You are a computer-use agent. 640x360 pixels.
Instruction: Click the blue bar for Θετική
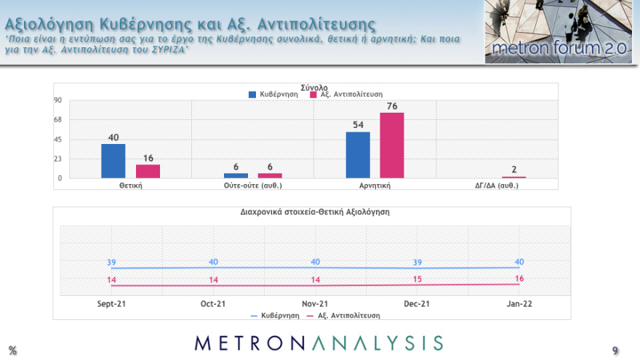pyautogui.click(x=113, y=161)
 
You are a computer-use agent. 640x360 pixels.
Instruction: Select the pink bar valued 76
pyautogui.click(x=391, y=145)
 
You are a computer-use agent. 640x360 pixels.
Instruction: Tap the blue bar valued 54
pyautogui.click(x=357, y=155)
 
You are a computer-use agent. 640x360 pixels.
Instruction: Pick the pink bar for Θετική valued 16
pyautogui.click(x=148, y=171)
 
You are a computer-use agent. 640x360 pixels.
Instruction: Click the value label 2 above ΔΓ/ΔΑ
pyautogui.click(x=514, y=170)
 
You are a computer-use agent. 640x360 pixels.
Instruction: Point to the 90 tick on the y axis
pyautogui.click(x=57, y=100)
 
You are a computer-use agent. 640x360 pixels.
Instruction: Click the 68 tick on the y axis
pyautogui.click(x=57, y=120)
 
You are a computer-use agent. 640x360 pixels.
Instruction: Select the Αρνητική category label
pyautogui.click(x=375, y=185)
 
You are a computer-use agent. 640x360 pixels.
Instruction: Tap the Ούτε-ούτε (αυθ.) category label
pyautogui.click(x=252, y=185)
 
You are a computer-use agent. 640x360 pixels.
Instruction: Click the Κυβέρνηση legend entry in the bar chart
pyautogui.click(x=274, y=95)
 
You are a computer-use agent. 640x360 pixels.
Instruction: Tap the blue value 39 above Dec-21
pyautogui.click(x=417, y=263)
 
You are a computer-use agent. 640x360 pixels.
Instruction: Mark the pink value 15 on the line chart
pyautogui.click(x=417, y=279)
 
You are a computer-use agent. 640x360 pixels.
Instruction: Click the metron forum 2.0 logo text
pyautogui.click(x=559, y=49)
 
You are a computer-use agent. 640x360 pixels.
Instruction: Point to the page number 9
pyautogui.click(x=615, y=351)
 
